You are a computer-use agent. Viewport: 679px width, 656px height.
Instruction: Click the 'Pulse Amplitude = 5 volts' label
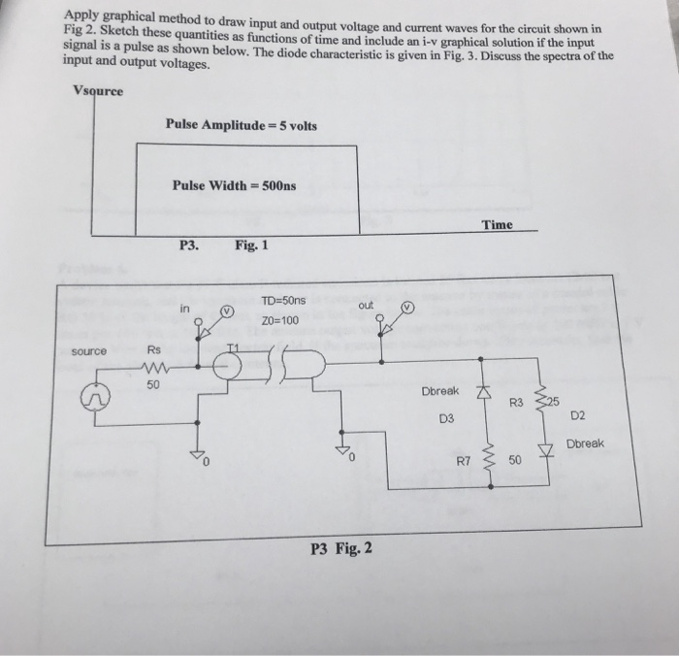pos(241,125)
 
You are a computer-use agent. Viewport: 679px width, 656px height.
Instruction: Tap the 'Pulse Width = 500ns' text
pos(235,185)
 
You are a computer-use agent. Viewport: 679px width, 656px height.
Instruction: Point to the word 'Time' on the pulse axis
pos(497,225)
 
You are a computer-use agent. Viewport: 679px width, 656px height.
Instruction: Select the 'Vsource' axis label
pos(98,91)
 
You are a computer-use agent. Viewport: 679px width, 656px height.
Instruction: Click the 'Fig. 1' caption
pos(251,246)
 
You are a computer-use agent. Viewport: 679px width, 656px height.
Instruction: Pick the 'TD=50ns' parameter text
pos(283,301)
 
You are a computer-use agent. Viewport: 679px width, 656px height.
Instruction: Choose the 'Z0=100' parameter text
pos(281,319)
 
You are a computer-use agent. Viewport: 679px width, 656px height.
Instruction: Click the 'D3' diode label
pos(446,419)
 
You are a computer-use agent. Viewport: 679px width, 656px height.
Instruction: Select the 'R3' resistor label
pos(516,401)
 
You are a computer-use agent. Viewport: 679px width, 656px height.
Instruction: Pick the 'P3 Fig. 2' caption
pos(341,549)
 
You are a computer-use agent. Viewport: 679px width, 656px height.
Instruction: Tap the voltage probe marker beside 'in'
pos(226,312)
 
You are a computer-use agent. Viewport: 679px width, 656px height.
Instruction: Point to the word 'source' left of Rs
pos(89,350)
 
